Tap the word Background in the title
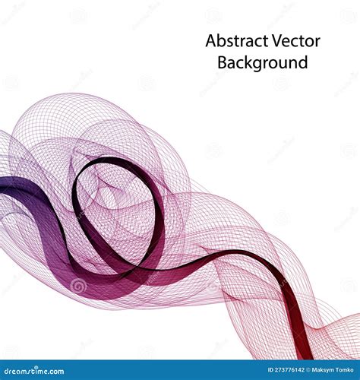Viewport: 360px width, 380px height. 263,62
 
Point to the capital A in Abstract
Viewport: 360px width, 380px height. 210,41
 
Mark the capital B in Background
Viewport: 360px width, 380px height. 223,62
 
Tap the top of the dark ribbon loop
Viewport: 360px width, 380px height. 114,160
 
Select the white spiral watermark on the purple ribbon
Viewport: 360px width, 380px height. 78,286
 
